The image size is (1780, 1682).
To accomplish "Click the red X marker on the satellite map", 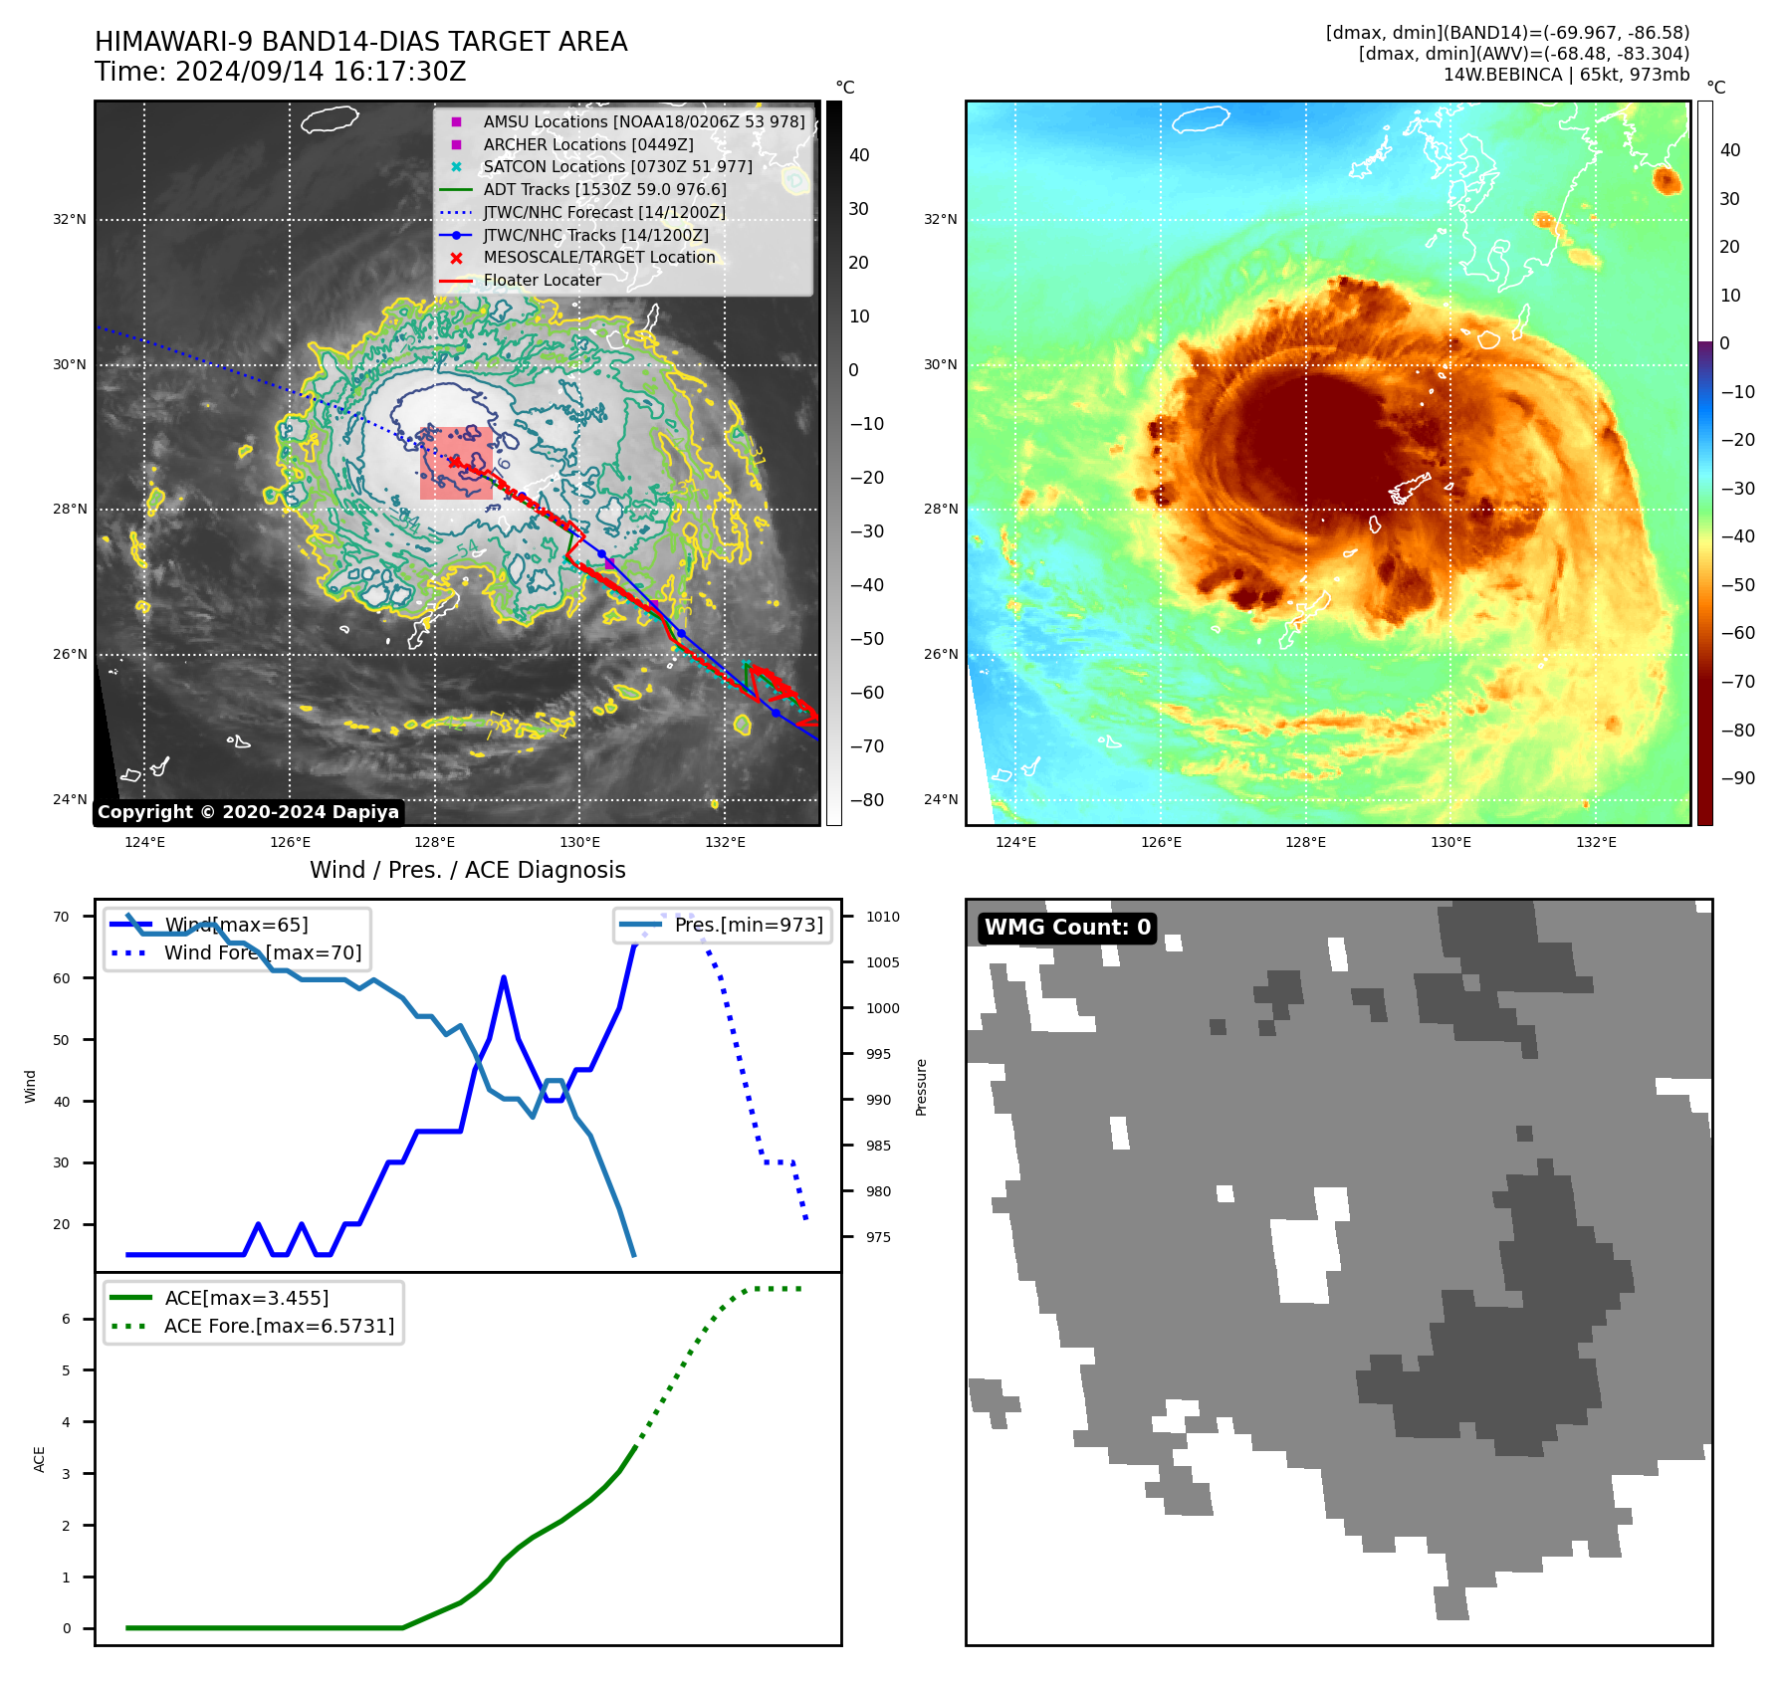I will pos(455,462).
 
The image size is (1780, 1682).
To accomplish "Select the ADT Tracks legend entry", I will pos(604,189).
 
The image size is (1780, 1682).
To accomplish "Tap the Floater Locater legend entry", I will pos(542,281).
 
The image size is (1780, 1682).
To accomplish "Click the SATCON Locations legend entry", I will pos(617,167).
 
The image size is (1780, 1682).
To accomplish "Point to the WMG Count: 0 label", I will pos(1067,928).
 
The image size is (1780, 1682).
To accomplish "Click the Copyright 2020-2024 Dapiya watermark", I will pos(248,812).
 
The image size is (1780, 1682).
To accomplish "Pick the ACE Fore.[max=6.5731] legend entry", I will pos(279,1326).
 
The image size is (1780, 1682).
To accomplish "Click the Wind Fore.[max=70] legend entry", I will pos(263,952).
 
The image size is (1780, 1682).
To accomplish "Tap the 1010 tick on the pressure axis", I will pos(882,917).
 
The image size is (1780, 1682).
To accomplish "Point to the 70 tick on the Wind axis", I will pos(62,917).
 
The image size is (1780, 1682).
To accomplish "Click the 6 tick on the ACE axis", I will pos(67,1319).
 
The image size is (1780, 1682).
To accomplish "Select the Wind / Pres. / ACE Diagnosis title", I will pos(468,870).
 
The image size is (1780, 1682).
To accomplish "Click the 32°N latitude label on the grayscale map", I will pos(70,219).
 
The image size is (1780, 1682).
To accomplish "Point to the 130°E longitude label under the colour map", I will pos(1450,842).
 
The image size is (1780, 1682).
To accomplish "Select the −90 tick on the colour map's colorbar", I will pos(1738,778).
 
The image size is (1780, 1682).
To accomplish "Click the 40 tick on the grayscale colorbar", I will pos(859,155).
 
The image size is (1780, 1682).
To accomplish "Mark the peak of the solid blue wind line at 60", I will pos(504,977).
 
